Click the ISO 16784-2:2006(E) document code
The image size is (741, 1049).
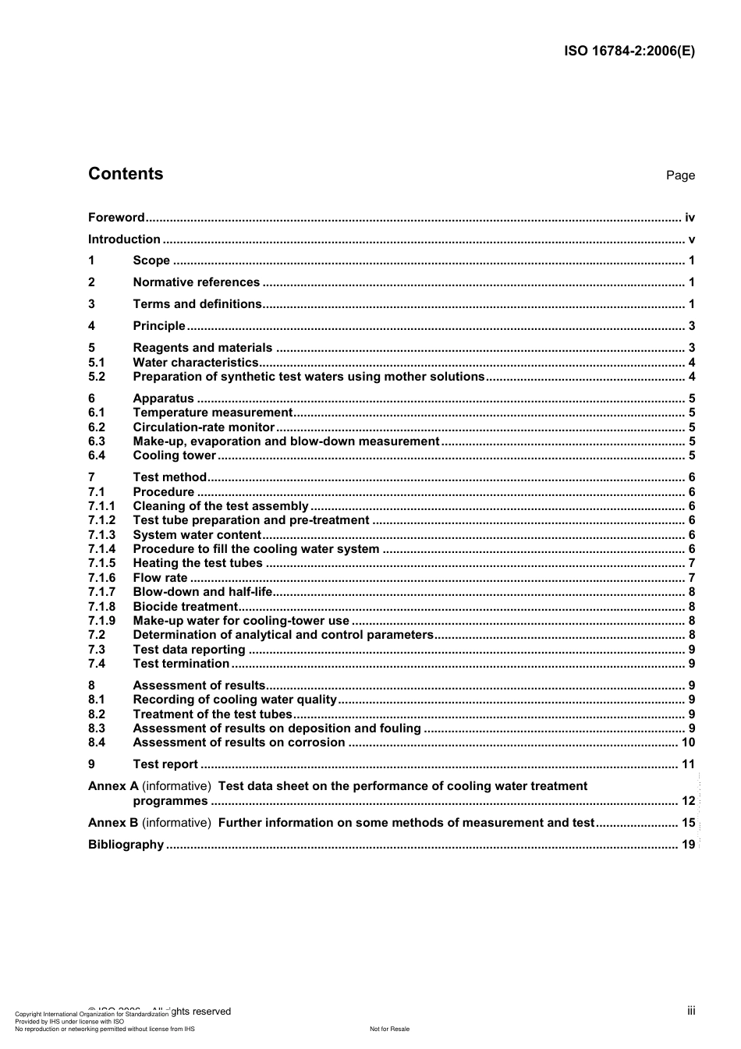[629, 51]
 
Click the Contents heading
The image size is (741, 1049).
[126, 174]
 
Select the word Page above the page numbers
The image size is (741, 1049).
[680, 175]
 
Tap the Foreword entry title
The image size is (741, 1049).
[116, 218]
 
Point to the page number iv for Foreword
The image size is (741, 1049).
[690, 218]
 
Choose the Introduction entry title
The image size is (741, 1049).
[124, 239]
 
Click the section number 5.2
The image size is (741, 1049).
[97, 377]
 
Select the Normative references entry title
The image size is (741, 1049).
[196, 282]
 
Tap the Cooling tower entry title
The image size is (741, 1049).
[174, 455]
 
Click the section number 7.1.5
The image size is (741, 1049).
[101, 563]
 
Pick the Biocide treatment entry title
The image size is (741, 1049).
[185, 607]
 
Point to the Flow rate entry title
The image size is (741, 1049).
[160, 578]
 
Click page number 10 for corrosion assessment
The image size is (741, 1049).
[688, 742]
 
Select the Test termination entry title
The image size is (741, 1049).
[181, 664]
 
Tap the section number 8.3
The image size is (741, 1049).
[97, 728]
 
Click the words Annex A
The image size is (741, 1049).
[113, 786]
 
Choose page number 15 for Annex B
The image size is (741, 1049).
[688, 823]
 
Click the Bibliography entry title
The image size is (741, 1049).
[126, 845]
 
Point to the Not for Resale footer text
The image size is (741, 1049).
[389, 1029]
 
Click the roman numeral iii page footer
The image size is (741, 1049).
[691, 1011]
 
